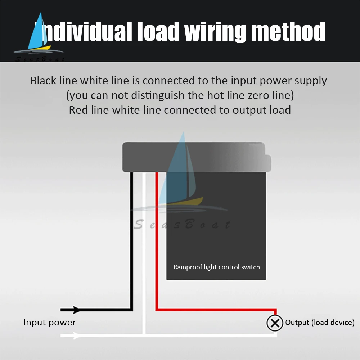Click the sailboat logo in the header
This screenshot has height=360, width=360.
point(40,34)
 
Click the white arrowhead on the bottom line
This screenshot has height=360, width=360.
point(76,336)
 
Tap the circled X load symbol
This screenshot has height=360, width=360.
point(275,323)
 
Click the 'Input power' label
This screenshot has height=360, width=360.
point(50,322)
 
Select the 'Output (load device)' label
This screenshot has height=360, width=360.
point(320,323)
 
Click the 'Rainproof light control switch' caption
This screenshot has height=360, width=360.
point(216,267)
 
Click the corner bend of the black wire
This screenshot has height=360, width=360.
point(131,309)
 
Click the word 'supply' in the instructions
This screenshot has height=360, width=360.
point(311,81)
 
